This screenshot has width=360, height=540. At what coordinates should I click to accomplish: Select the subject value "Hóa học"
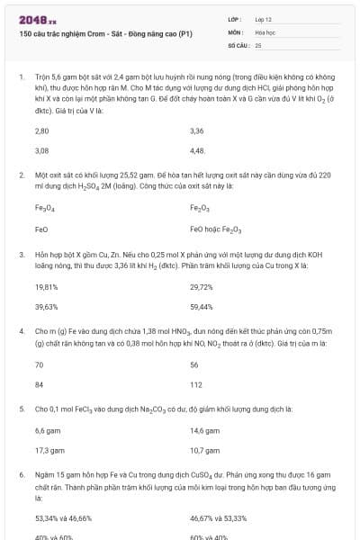(265, 31)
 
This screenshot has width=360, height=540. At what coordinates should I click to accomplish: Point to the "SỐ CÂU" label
(238, 44)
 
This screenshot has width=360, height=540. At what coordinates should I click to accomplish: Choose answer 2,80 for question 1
(41, 131)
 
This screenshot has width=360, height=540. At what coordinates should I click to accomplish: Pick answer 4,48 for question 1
(198, 150)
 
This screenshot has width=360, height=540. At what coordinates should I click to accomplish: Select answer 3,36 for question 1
(197, 131)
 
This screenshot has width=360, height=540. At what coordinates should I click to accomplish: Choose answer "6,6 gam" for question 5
(48, 431)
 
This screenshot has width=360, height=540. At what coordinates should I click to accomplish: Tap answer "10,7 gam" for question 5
(204, 450)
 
